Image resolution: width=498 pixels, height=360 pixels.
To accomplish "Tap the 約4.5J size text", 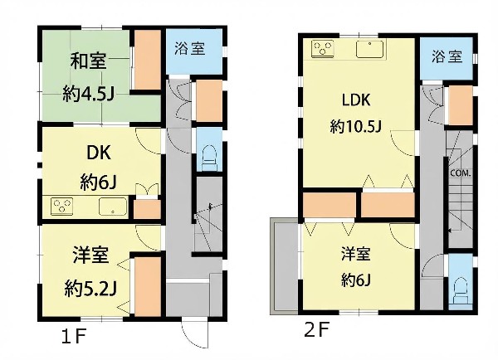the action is coord(88,94).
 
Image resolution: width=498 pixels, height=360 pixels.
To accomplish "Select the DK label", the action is coord(99,153).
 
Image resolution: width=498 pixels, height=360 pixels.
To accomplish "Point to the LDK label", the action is coord(356,100).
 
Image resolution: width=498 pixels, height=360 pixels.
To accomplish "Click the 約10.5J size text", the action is coord(355,127).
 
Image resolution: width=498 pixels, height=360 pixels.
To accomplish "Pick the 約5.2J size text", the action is coord(90,289).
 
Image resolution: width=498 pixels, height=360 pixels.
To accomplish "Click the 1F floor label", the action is coord(74,337).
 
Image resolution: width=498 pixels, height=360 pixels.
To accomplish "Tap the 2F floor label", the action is coord(316,330).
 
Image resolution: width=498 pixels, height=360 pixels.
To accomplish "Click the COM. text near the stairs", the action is coord(461,173).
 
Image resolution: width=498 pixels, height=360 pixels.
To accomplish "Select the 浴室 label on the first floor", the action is coord(190,49).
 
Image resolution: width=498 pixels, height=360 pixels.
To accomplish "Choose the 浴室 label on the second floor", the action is coord(447,57).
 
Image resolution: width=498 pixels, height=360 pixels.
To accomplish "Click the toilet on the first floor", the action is coord(209,158).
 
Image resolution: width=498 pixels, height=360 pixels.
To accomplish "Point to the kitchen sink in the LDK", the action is coord(369,50).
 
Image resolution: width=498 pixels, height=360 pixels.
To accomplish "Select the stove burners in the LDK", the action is coord(323,49).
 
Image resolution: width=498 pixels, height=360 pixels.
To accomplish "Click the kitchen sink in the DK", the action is coord(114,207).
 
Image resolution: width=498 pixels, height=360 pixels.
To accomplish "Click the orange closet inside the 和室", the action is coord(148,60).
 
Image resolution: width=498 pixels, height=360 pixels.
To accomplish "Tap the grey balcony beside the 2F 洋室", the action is coord(284,266).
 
